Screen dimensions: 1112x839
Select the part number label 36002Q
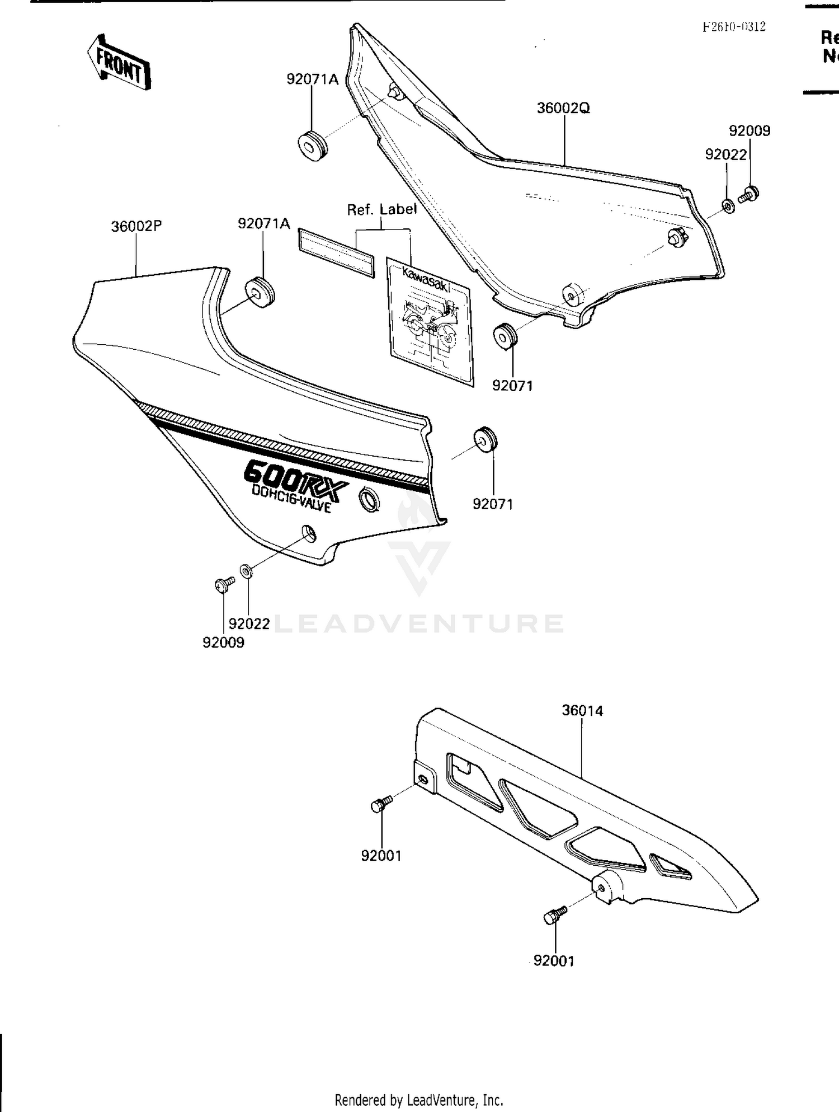click(x=563, y=108)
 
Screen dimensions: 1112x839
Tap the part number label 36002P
click(x=136, y=227)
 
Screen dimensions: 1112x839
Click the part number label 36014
click(x=582, y=711)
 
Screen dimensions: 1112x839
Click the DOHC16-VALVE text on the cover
click(x=291, y=498)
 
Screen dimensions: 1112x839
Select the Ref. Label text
click(x=381, y=210)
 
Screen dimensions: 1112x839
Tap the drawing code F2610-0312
click(x=734, y=27)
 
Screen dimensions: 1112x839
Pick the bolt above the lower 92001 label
click(x=554, y=916)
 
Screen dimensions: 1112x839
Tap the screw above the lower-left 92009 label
click(x=224, y=585)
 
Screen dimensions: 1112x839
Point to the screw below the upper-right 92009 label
click(x=749, y=194)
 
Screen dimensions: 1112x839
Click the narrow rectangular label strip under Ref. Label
click(x=336, y=252)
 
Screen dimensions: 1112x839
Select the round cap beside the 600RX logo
click(x=369, y=499)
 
